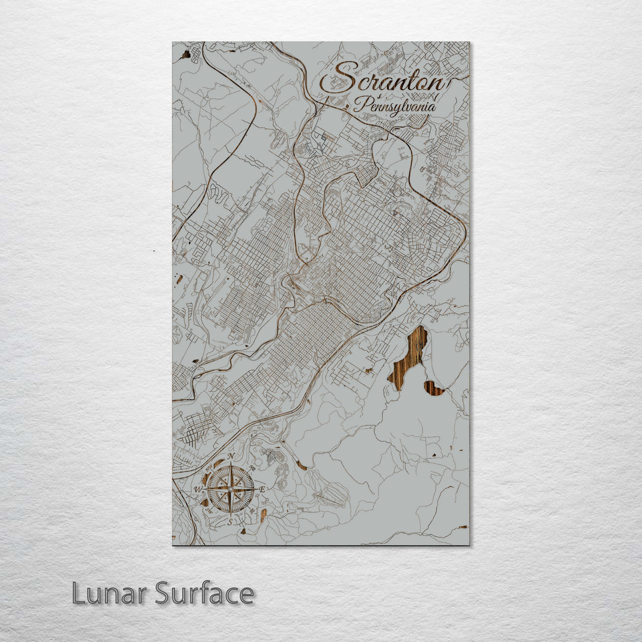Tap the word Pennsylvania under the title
click(395, 106)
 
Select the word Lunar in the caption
click(110, 593)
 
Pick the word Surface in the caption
click(204, 593)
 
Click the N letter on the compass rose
click(231, 456)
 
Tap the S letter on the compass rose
click(230, 521)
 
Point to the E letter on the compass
click(262, 489)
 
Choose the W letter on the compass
click(198, 489)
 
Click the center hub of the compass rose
click(231, 489)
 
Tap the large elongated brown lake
click(409, 357)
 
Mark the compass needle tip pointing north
click(231, 462)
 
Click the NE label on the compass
click(253, 468)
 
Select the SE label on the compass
click(253, 511)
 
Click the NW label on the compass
click(209, 468)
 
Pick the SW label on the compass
click(209, 511)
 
